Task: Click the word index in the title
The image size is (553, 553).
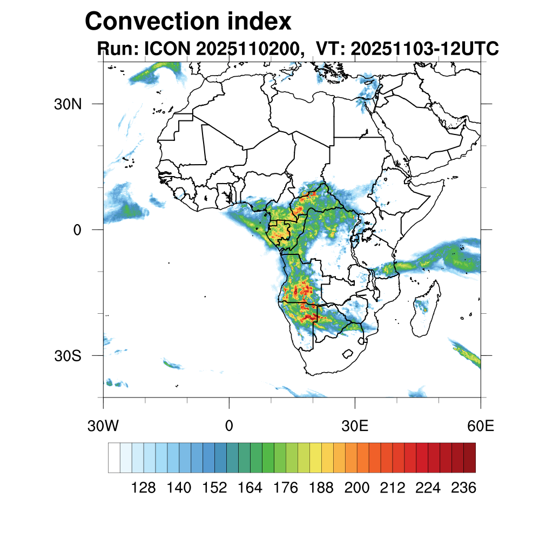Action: pyautogui.click(x=258, y=22)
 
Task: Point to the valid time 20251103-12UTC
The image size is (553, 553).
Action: pyautogui.click(x=424, y=49)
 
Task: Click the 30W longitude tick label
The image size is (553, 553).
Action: pyautogui.click(x=103, y=426)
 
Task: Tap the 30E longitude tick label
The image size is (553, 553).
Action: pyautogui.click(x=355, y=426)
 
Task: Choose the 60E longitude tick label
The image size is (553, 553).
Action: pyautogui.click(x=481, y=426)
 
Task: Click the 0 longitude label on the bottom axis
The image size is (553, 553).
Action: pyautogui.click(x=229, y=426)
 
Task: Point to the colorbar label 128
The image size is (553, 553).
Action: pyautogui.click(x=143, y=488)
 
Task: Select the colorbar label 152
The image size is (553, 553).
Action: pyautogui.click(x=214, y=488)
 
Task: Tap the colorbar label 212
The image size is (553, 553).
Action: pyautogui.click(x=392, y=488)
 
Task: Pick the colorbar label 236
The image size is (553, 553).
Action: pyautogui.click(x=463, y=488)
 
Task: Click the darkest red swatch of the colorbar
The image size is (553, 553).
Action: pyautogui.click(x=469, y=457)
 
